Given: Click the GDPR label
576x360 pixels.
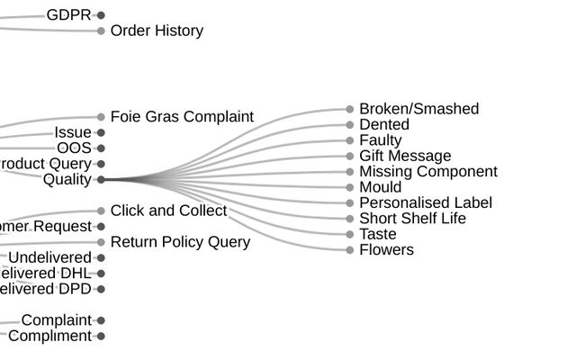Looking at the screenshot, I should tap(68, 15).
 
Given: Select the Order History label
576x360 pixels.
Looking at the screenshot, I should tap(157, 31).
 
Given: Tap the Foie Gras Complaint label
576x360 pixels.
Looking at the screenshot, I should tap(182, 117).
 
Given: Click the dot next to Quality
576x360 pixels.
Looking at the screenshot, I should tap(101, 180).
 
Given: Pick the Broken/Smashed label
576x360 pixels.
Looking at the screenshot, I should tap(418, 109).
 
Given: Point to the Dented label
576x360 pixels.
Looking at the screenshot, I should tap(384, 125).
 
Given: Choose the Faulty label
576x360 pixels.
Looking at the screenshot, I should tap(381, 140).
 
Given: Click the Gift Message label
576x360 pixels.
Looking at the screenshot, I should tap(405, 157).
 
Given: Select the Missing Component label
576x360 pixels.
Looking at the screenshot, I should tap(428, 172).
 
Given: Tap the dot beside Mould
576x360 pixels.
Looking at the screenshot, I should tap(350, 187).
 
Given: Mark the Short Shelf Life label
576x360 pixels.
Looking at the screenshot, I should tap(412, 219).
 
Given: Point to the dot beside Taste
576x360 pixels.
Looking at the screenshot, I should tap(350, 234).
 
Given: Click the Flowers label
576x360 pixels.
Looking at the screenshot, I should tap(386, 250).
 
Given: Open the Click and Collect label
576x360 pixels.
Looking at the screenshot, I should tap(168, 211).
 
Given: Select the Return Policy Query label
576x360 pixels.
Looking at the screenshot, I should tap(180, 242).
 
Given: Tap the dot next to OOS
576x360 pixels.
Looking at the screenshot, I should tap(101, 148).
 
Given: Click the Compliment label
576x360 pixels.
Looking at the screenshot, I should tap(49, 337).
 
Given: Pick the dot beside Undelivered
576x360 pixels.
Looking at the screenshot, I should tap(101, 258).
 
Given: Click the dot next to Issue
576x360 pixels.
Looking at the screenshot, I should tap(101, 133).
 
